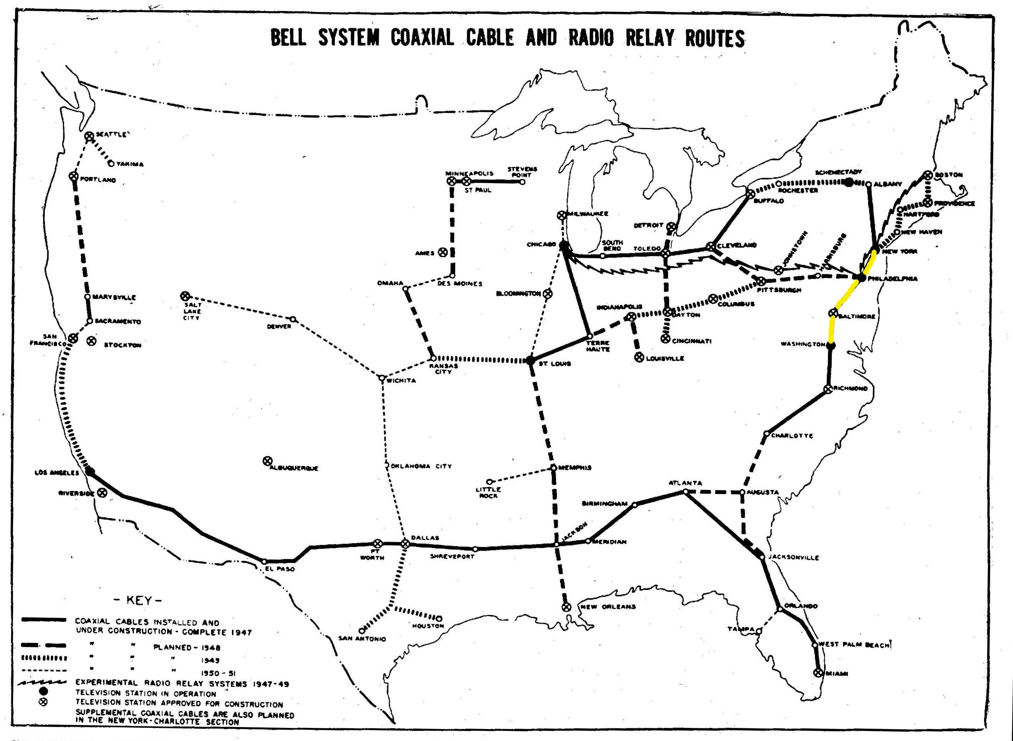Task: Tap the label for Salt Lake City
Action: click(192, 311)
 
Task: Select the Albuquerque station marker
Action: click(267, 461)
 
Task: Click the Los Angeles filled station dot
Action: click(90, 472)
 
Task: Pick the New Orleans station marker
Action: click(567, 607)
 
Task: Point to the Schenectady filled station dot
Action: click(849, 182)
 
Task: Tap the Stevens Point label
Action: click(522, 172)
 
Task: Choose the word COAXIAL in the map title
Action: click(422, 38)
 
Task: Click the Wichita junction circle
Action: click(382, 378)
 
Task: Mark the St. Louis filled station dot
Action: click(530, 360)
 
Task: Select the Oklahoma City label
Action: click(421, 466)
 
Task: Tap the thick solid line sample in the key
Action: click(44, 620)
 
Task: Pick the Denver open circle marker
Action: click(293, 319)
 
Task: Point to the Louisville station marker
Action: click(639, 357)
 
